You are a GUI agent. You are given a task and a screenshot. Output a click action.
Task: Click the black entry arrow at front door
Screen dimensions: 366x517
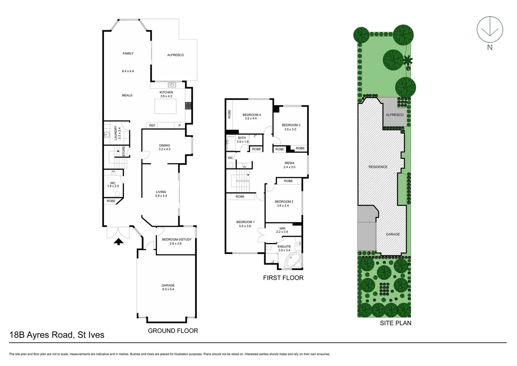(x=118, y=242)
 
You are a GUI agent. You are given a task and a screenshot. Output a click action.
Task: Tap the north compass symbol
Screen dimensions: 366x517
(x=490, y=30)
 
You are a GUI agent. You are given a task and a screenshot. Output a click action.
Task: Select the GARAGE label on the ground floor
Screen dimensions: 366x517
(x=168, y=285)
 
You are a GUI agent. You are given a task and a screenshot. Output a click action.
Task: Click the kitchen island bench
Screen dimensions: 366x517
(x=166, y=106)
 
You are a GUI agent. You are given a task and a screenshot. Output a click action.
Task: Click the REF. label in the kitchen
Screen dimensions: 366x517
(x=152, y=125)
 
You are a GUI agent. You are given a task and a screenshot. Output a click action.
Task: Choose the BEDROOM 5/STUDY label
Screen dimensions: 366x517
(x=176, y=240)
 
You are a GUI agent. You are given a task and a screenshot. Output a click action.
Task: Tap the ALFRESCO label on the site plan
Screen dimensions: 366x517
(x=394, y=115)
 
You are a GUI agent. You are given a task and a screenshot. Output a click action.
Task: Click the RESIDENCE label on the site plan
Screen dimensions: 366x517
(x=378, y=167)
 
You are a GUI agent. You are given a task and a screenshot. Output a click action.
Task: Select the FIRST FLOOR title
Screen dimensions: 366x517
(x=283, y=278)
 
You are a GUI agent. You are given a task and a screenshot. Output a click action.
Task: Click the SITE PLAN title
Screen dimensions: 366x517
(x=395, y=323)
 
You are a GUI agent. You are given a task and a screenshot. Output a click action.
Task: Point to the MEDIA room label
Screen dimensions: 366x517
(x=289, y=163)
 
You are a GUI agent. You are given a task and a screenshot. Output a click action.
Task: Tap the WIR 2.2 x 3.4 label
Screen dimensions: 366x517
(x=282, y=230)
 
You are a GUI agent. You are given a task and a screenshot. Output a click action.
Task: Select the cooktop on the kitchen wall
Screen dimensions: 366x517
(x=188, y=106)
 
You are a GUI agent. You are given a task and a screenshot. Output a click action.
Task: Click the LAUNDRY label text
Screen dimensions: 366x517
(x=115, y=133)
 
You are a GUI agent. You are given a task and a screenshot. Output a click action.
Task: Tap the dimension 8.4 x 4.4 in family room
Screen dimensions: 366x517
(x=128, y=71)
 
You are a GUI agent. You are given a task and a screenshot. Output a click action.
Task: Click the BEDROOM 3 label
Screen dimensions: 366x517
(x=291, y=125)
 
